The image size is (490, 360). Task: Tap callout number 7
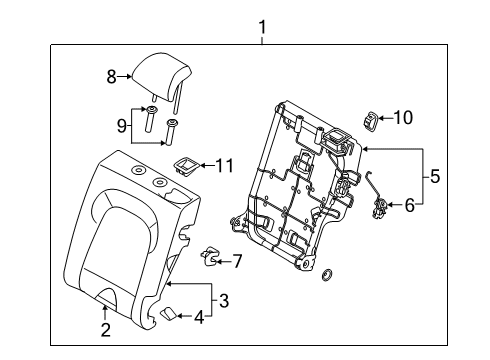(x=237, y=261)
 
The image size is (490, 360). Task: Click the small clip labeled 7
(x=210, y=256)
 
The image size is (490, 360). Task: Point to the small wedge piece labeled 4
(x=172, y=315)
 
